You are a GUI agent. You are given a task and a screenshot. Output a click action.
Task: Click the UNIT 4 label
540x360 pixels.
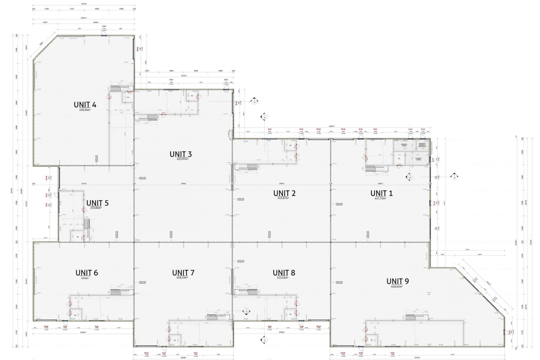click(x=85, y=105)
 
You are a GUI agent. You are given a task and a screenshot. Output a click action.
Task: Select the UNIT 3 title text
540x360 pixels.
click(x=181, y=154)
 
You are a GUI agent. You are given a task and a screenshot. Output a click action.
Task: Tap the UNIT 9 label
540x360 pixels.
click(x=397, y=281)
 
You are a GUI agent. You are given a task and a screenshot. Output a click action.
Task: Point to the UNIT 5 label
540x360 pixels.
click(x=97, y=203)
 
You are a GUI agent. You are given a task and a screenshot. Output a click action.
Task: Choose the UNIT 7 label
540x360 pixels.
click(x=183, y=273)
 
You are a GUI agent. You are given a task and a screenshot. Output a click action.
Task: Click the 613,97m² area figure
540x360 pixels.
click(x=181, y=159)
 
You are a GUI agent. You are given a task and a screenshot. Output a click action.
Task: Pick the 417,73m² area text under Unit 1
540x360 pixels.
click(x=382, y=198)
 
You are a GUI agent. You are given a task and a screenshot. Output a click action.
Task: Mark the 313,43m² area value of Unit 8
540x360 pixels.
click(x=284, y=278)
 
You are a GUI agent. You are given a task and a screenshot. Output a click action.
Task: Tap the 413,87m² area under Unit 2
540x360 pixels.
click(x=284, y=198)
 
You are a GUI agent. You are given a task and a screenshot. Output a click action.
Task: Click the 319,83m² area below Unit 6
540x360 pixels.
click(x=86, y=278)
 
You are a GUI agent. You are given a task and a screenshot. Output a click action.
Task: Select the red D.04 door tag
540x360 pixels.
click(x=104, y=26)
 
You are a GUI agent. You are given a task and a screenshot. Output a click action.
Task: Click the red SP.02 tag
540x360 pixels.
click(x=318, y=129)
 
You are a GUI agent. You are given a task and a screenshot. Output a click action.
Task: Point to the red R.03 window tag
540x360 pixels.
click(x=171, y=80)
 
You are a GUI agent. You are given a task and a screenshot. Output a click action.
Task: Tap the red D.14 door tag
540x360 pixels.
click(x=410, y=129)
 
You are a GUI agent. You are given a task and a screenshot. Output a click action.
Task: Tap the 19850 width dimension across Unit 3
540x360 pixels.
click(x=183, y=183)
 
